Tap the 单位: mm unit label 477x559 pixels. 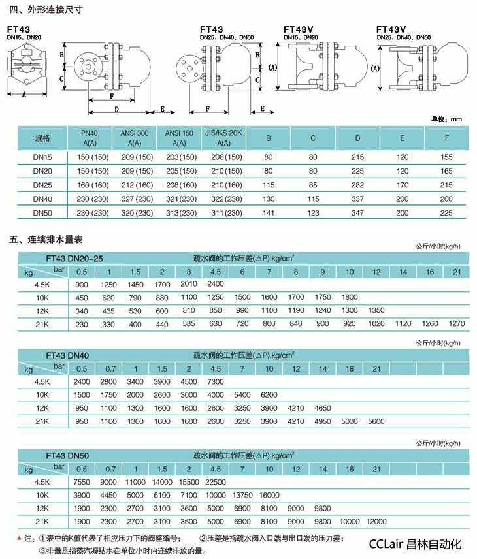point(447,119)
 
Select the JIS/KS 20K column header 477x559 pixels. point(223,138)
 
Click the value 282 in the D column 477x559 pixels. point(357,185)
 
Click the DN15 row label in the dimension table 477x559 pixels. point(42,157)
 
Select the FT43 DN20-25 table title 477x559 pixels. point(74,259)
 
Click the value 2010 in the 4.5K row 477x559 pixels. point(188,284)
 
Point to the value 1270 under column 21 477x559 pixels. point(457,323)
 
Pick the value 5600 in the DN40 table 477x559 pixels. point(376,421)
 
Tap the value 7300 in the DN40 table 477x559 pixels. point(215,382)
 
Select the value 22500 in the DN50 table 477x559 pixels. point(215,482)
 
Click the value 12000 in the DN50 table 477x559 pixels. point(376,522)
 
